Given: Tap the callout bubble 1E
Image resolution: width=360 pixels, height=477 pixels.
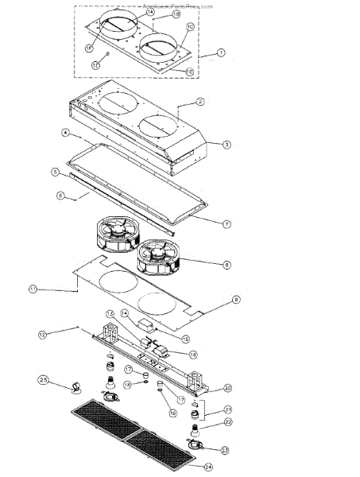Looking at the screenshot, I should coord(95,64).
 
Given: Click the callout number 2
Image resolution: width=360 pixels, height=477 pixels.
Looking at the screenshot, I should coord(200,103).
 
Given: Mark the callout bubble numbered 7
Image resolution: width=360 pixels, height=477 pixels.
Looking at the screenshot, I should coord(226,223).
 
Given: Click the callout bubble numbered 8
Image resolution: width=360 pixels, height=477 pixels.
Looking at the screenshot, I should coord(226,264).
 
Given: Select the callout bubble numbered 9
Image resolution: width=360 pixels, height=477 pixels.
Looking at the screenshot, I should coord(235,299).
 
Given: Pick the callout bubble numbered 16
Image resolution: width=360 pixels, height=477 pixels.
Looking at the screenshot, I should coord(194,353).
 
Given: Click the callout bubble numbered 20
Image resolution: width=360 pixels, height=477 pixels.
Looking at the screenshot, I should coord(227,388).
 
